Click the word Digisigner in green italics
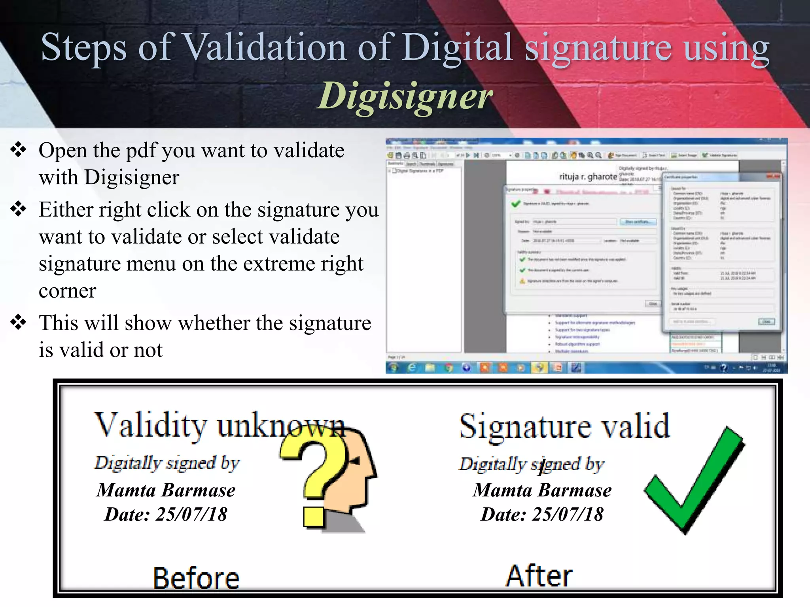[x=405, y=96]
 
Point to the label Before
[x=196, y=578]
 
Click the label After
[x=539, y=576]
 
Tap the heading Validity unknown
[x=219, y=425]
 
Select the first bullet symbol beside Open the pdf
[x=18, y=150]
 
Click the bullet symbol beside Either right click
[x=18, y=209]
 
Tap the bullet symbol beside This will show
[x=18, y=322]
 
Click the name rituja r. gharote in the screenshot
[x=588, y=177]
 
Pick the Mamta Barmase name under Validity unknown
[x=166, y=490]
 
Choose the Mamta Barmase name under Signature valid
[x=542, y=490]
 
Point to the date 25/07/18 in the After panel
[x=568, y=515]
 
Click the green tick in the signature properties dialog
[x=516, y=204]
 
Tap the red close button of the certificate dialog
[x=773, y=176]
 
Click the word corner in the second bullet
[x=68, y=291]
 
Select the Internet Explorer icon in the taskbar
[x=411, y=368]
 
